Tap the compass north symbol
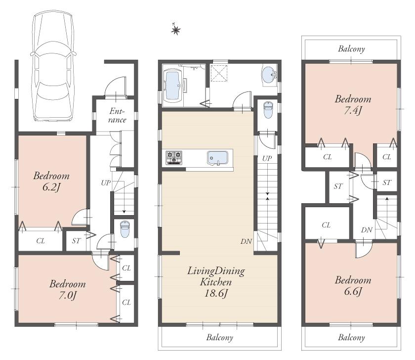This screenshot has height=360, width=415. (175, 30)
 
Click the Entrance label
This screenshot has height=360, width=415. (117, 116)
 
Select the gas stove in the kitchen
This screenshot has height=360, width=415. (174, 158)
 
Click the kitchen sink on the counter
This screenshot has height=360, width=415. (217, 158)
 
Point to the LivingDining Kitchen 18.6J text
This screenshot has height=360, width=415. (216, 282)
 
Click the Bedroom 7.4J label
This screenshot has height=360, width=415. (352, 104)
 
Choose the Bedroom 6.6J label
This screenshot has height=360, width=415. (352, 285)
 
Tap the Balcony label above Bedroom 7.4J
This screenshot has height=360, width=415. (351, 49)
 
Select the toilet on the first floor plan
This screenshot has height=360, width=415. (124, 229)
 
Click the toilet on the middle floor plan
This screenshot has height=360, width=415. (267, 110)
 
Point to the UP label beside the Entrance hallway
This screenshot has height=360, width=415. (106, 183)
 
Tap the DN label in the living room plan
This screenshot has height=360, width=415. (247, 241)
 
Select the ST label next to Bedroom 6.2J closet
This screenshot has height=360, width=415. (76, 241)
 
